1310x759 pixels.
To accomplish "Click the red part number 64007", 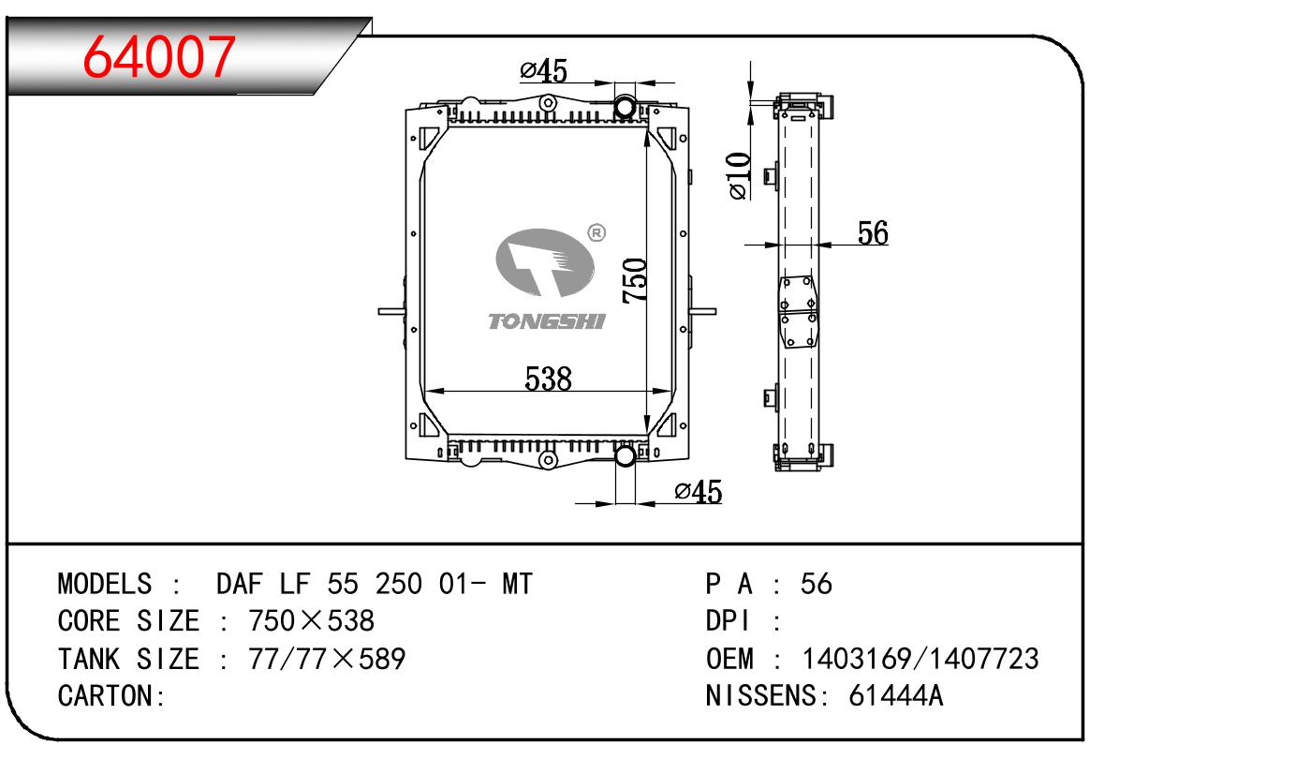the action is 159,56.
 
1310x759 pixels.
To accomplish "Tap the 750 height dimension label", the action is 635,280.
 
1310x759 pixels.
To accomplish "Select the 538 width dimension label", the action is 548,379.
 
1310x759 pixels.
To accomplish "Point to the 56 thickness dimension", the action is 873,232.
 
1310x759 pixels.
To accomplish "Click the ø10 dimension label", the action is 739,175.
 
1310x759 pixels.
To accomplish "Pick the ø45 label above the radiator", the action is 543,71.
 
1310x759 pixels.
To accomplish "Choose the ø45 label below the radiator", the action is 699,492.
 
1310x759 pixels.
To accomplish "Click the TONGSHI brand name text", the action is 547,321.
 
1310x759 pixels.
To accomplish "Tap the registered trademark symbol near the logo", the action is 596,233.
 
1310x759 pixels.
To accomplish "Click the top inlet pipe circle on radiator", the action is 625,107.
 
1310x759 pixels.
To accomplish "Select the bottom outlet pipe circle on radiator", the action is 626,455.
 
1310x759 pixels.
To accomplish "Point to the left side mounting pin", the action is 391,311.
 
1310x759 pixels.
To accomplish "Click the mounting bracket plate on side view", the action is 798,312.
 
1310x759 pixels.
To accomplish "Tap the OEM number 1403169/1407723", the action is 920,659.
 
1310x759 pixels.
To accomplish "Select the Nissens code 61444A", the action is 895,696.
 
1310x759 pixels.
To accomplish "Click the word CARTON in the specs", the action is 105,696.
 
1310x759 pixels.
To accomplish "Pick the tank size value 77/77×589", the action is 327,659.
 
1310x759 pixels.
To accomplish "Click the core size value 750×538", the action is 311,621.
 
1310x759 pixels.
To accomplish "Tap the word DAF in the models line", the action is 240,584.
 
